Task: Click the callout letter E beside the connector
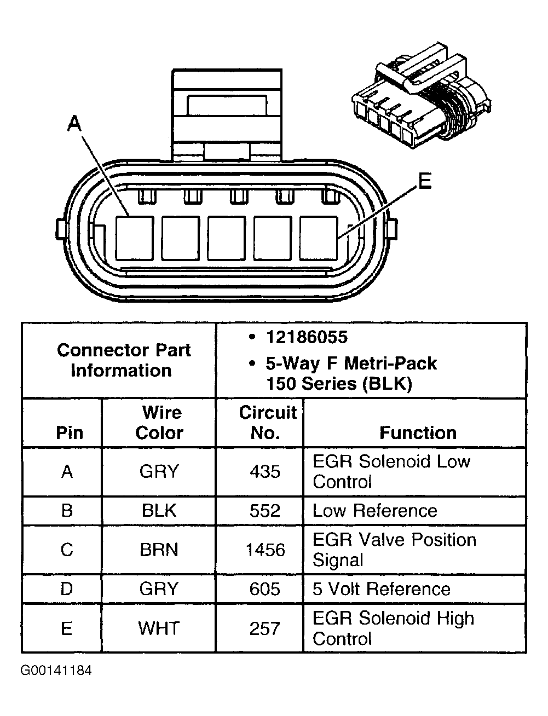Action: click(x=424, y=181)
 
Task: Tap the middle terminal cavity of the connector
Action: click(x=226, y=238)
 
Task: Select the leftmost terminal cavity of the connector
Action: click(x=134, y=238)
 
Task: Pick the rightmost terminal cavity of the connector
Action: click(x=319, y=238)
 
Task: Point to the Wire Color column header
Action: click(x=159, y=422)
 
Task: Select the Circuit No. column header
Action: click(x=267, y=422)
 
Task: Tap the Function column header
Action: click(x=418, y=432)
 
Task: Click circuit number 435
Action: click(x=265, y=471)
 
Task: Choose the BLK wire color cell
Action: click(x=159, y=511)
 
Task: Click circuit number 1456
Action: click(x=265, y=550)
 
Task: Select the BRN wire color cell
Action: click(x=159, y=550)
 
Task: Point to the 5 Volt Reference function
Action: click(x=381, y=589)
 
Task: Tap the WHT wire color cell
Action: click(x=159, y=628)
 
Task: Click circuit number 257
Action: click(x=265, y=628)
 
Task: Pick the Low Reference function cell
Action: click(x=374, y=511)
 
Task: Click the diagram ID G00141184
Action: click(x=56, y=671)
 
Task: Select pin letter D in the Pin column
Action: click(x=67, y=589)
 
